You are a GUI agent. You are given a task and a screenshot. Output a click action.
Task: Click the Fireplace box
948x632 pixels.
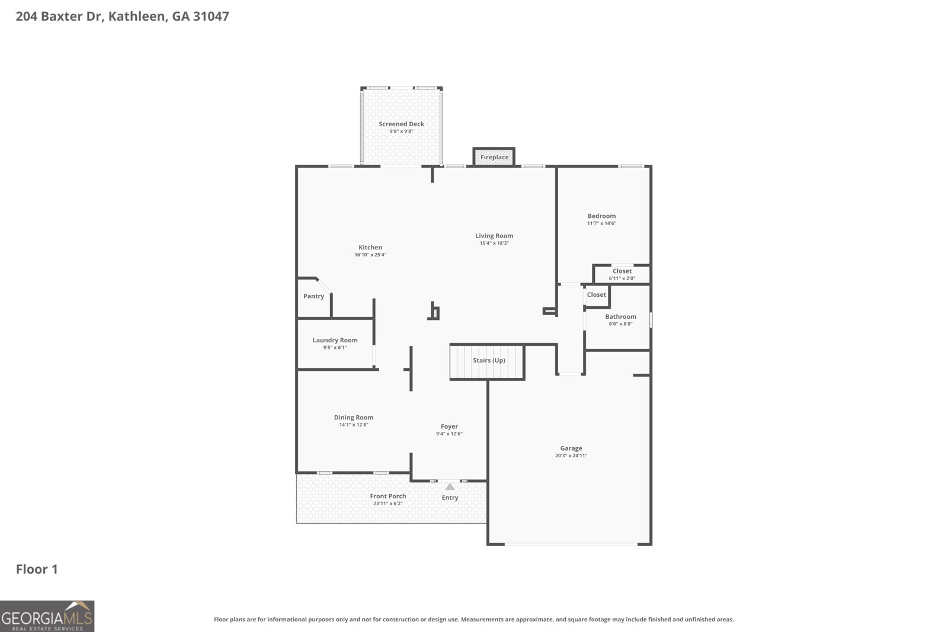494,157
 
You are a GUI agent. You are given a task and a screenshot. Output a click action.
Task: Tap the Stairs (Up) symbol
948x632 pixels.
487,361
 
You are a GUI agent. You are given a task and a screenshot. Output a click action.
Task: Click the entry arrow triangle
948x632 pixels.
450,487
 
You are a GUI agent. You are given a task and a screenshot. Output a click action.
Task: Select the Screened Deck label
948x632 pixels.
401,124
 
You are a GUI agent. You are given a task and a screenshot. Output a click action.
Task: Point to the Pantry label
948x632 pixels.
313,296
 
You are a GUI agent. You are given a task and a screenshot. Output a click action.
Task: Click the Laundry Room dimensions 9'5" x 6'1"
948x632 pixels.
335,348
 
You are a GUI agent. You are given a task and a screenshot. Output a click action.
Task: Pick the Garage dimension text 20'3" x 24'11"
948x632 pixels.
571,455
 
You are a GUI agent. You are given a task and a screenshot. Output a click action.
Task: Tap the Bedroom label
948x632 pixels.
601,216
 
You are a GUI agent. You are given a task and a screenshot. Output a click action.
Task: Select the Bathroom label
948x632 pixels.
620,317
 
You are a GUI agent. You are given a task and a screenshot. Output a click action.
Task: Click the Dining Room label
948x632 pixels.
353,418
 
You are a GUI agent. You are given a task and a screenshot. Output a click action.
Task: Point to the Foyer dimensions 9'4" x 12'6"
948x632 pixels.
449,434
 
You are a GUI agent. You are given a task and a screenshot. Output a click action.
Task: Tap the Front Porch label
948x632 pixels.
387,496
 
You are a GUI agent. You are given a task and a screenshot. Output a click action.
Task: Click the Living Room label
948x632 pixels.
494,236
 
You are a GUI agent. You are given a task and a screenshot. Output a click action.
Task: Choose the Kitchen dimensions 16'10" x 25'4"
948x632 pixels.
370,255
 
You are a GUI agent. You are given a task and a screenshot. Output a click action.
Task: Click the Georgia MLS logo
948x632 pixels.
47,616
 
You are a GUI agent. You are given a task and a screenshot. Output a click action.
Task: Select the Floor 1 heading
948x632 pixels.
37,569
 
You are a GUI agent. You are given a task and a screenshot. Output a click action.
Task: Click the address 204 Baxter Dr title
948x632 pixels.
122,17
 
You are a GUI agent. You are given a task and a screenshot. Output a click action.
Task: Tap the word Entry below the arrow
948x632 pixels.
450,498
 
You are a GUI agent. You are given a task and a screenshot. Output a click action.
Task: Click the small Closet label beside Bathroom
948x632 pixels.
596,295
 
